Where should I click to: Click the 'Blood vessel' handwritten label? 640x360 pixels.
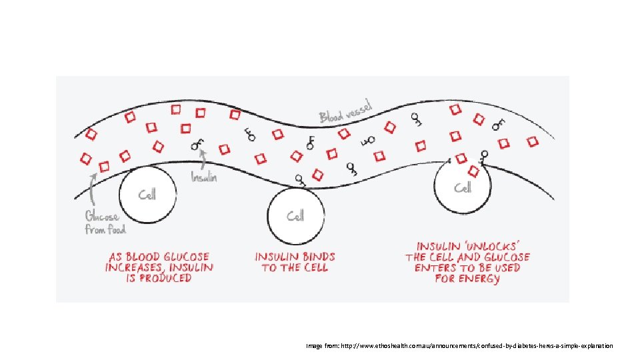coord(346,111)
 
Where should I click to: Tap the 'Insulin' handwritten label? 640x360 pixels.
coord(204,178)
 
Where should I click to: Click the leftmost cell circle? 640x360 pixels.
coord(147,195)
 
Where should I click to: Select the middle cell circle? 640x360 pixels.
coord(295,215)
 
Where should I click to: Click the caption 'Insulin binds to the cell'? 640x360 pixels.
coord(295,261)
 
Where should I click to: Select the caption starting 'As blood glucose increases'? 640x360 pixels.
coord(159,267)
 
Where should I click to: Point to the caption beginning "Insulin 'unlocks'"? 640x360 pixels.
coord(467,263)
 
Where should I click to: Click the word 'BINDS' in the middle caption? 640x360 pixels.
coord(315,256)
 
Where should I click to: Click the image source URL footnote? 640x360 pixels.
coord(459,347)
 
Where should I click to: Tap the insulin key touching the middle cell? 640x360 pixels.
coord(299,179)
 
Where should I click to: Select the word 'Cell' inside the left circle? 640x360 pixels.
coord(147,195)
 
